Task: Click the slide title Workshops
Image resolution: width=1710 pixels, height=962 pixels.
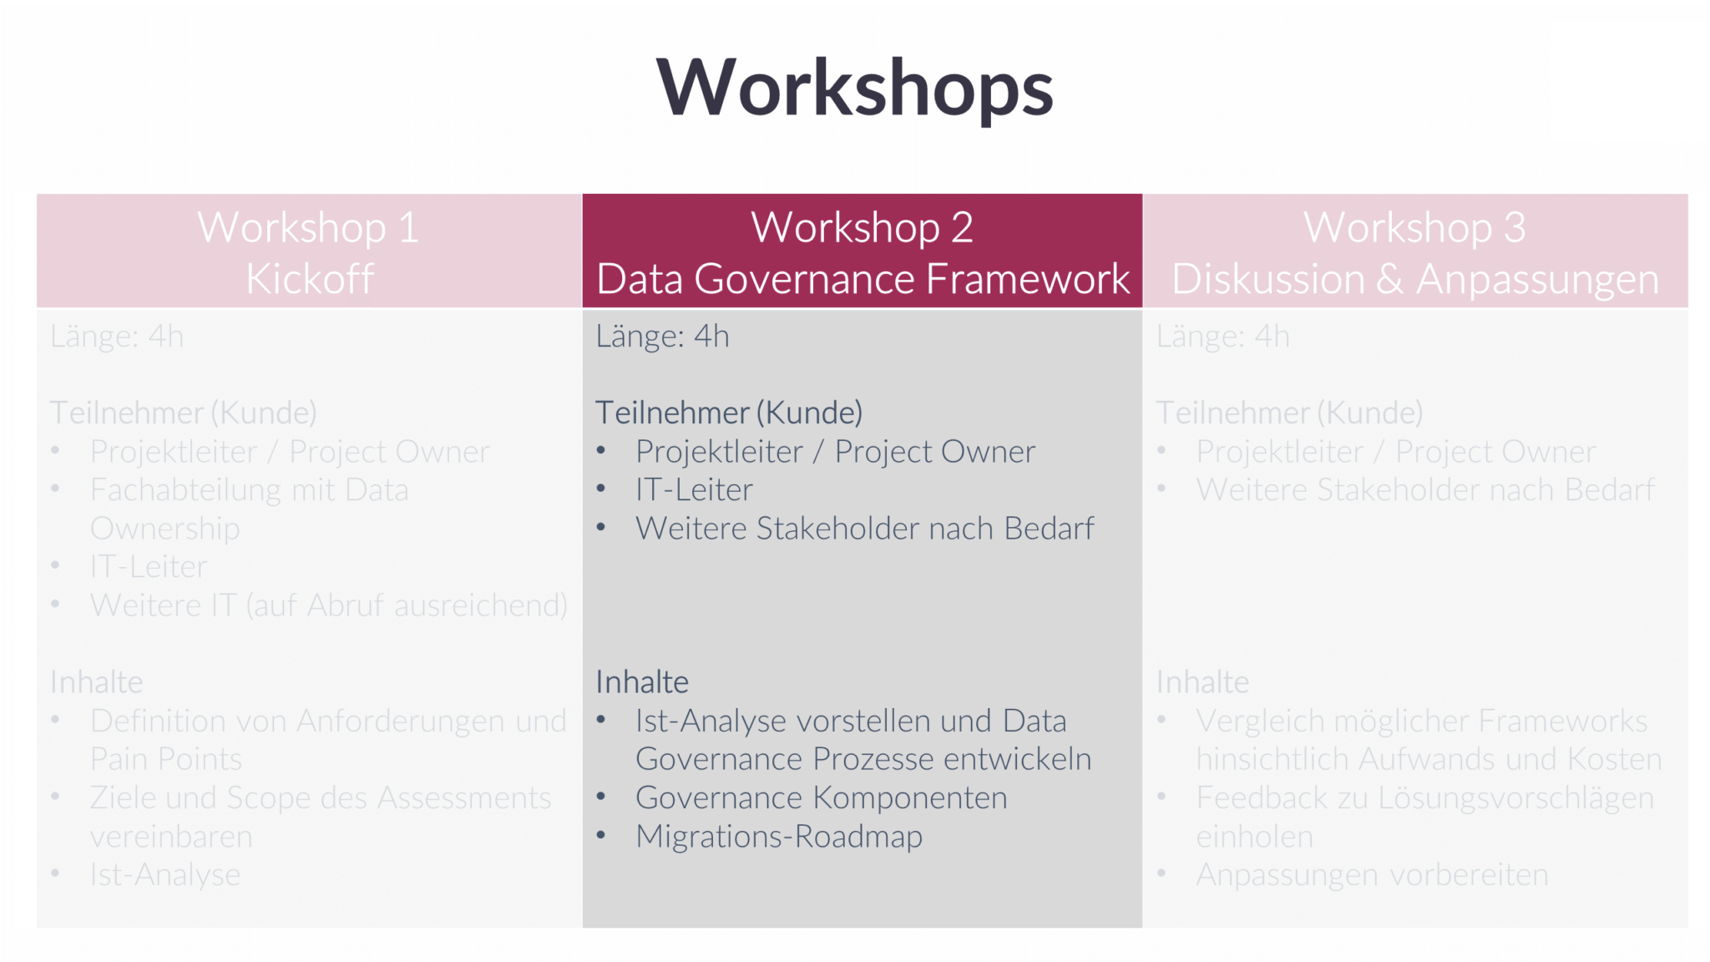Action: click(854, 89)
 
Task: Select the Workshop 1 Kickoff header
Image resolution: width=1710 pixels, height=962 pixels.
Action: click(308, 251)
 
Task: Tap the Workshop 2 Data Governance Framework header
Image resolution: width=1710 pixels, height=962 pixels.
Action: click(862, 251)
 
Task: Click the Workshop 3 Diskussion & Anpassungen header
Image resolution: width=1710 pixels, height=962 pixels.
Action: click(1414, 251)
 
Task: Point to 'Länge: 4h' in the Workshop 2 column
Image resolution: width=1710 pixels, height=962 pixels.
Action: click(662, 337)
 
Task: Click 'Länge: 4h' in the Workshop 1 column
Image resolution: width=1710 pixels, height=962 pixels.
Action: click(117, 337)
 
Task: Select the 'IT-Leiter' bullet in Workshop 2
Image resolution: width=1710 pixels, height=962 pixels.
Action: click(694, 490)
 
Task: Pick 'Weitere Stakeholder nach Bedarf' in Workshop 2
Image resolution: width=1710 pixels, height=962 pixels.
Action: click(864, 529)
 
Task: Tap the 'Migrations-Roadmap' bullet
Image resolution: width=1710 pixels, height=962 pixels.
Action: click(778, 837)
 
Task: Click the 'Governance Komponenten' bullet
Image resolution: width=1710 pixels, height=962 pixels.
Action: click(821, 798)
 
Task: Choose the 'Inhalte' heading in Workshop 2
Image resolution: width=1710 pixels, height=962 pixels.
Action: click(641, 682)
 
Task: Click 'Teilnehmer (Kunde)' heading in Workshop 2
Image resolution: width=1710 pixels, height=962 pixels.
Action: click(728, 413)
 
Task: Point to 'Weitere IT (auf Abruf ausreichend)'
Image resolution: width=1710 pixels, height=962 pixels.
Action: click(328, 605)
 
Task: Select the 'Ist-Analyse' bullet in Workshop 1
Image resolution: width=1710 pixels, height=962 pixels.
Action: click(164, 875)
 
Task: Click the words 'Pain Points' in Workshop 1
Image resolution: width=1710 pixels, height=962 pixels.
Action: click(165, 760)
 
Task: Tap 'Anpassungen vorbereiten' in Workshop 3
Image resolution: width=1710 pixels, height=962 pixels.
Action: click(1372, 875)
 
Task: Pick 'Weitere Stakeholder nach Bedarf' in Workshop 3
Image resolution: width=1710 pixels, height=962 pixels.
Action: click(1424, 490)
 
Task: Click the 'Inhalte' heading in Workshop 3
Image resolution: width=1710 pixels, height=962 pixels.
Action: click(1202, 682)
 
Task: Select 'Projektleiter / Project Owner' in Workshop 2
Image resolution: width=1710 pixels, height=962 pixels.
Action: click(835, 452)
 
